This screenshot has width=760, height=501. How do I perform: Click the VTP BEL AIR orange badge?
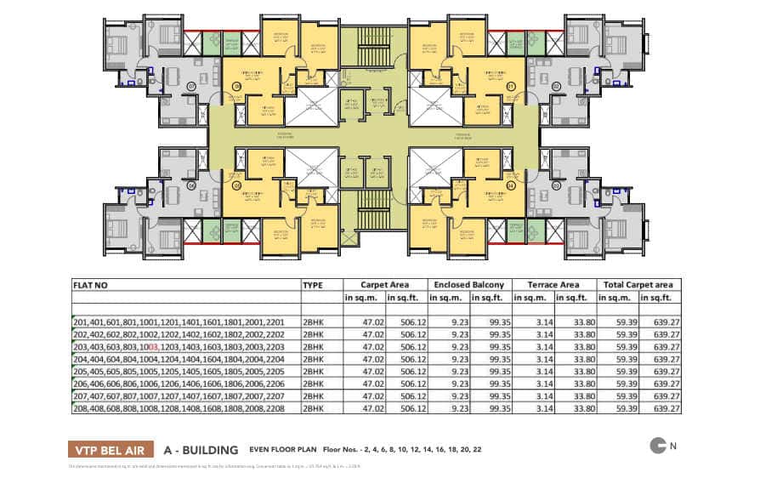pos(111,450)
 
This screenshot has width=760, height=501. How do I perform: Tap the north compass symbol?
pos(657,445)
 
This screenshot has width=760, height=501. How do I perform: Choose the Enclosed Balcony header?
pos(469,285)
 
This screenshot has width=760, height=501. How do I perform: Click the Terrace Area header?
pos(554,285)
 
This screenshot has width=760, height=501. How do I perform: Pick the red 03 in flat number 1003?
pos(154,347)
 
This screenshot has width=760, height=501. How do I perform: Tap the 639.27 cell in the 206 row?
pos(661,384)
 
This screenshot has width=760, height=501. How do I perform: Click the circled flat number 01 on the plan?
pos(511,86)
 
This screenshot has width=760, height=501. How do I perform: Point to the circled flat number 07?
pos(191,86)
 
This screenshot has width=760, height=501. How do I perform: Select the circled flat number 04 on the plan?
pos(511,185)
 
